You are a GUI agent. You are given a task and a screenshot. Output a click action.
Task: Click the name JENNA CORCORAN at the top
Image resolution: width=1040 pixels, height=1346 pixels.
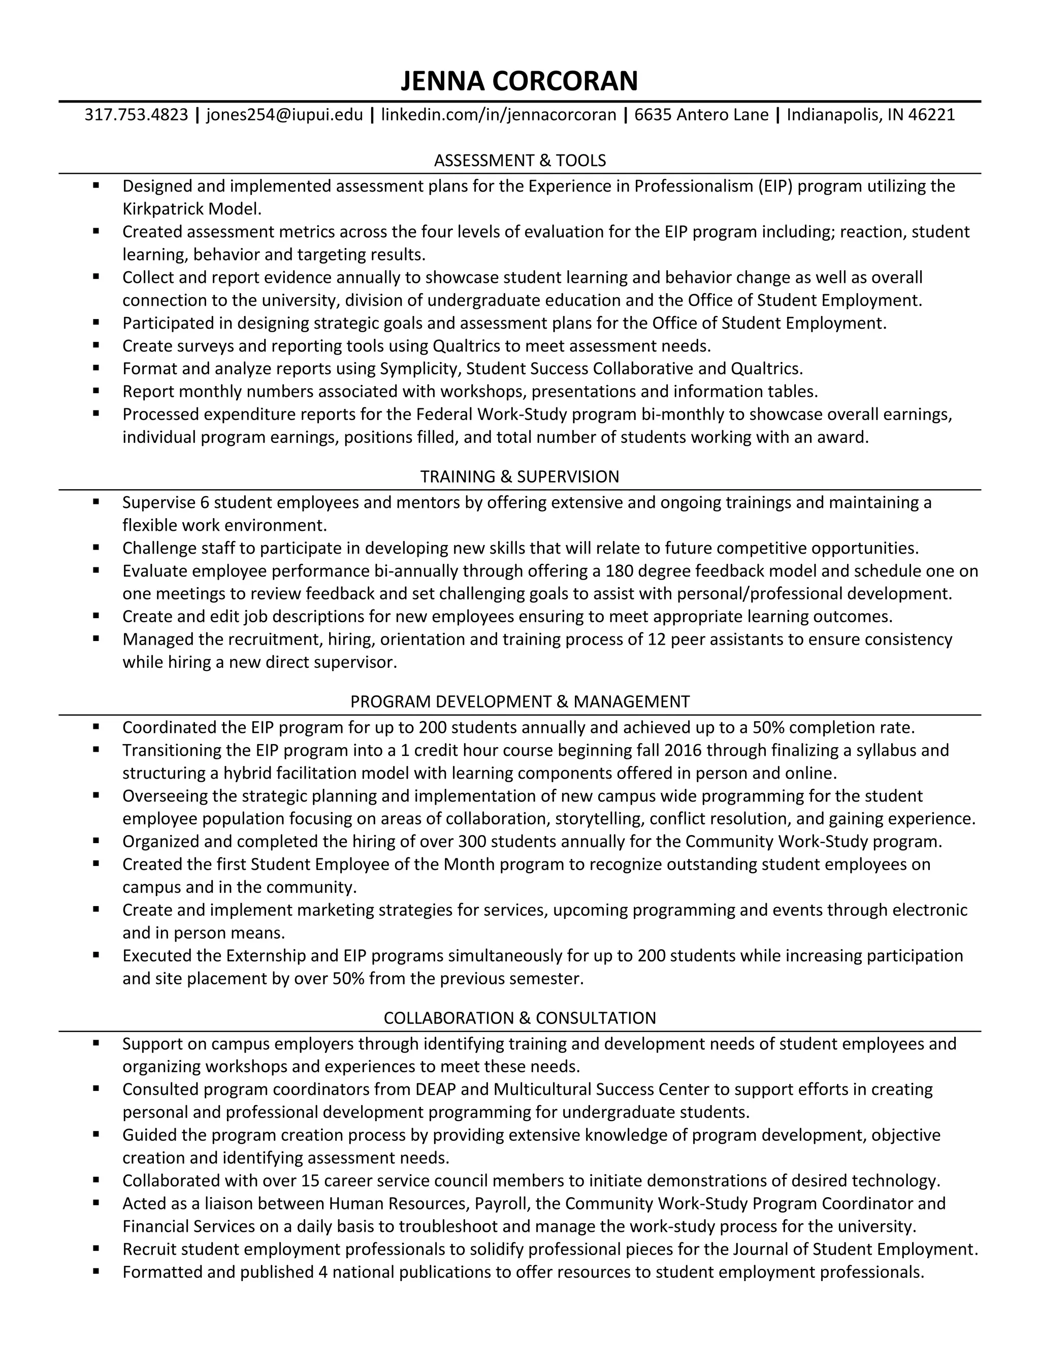pyautogui.click(x=519, y=81)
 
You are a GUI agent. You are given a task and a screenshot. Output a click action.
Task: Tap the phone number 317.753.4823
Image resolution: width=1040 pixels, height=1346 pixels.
pyautogui.click(x=136, y=115)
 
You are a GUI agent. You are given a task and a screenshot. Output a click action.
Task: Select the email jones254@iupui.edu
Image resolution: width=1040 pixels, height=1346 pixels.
pyautogui.click(x=285, y=115)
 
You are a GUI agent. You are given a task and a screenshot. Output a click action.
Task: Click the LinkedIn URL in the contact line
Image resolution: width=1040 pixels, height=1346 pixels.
pyautogui.click(x=499, y=115)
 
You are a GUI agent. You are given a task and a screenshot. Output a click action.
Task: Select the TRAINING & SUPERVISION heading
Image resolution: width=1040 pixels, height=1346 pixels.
pyautogui.click(x=519, y=476)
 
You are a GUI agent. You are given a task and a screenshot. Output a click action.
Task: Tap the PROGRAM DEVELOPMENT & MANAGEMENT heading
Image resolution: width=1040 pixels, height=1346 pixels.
pyautogui.click(x=519, y=701)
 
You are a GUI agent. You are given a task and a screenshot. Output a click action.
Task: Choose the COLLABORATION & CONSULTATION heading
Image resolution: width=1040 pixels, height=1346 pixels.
pyautogui.click(x=519, y=1017)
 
